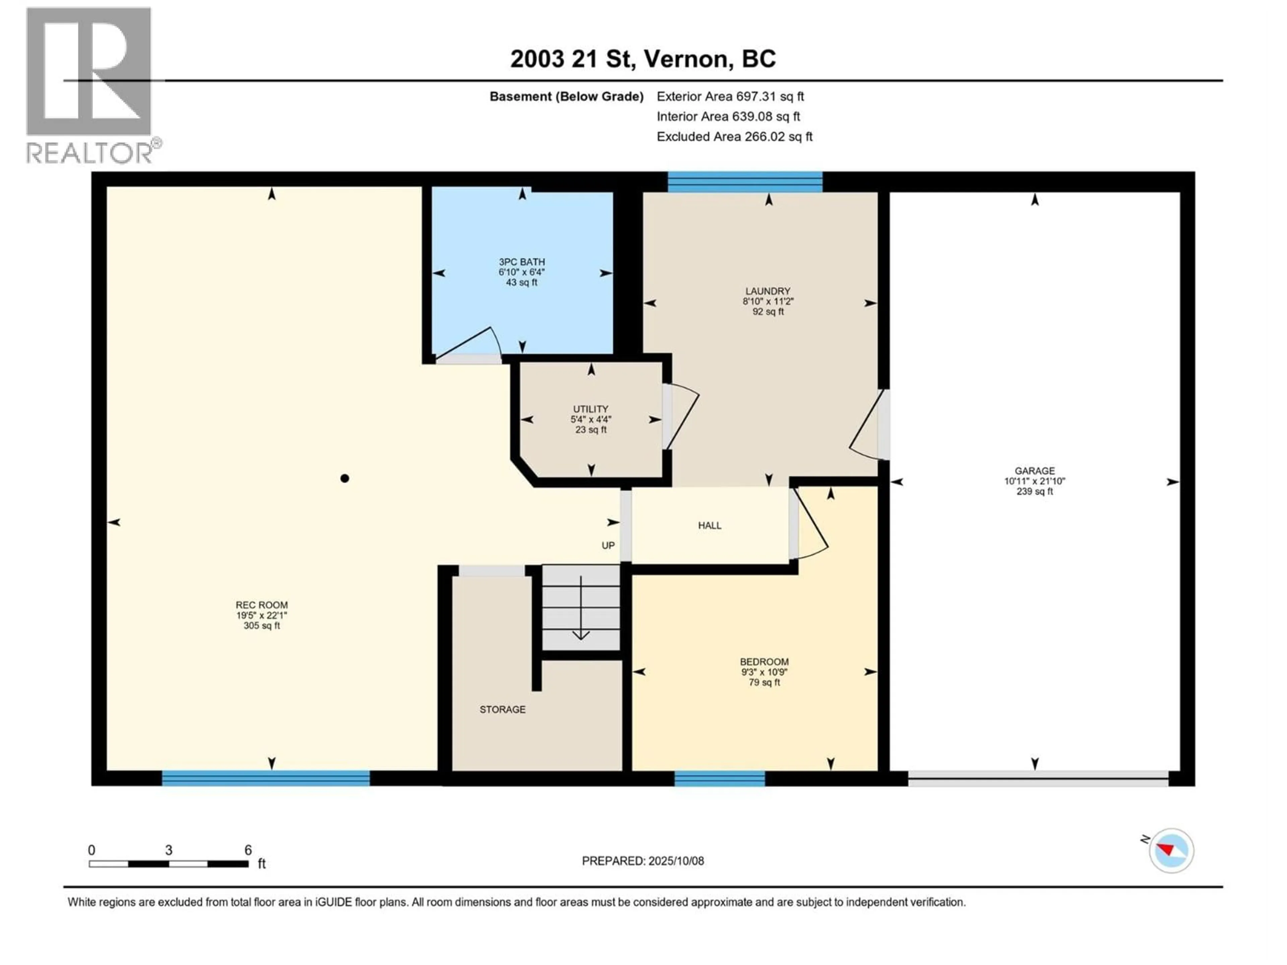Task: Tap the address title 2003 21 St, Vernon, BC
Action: coord(642,59)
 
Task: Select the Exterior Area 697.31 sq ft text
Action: coord(730,96)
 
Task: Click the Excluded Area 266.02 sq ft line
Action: coord(734,137)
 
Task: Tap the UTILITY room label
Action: coord(591,409)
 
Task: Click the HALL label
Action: coord(709,526)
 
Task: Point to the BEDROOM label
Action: coord(764,662)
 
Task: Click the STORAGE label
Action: coord(502,710)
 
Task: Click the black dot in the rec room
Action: coord(345,479)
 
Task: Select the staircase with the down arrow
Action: coord(581,608)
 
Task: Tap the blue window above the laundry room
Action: coord(745,182)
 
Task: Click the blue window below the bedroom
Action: coord(719,778)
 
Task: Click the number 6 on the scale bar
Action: coord(248,850)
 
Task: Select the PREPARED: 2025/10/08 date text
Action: coord(642,861)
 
